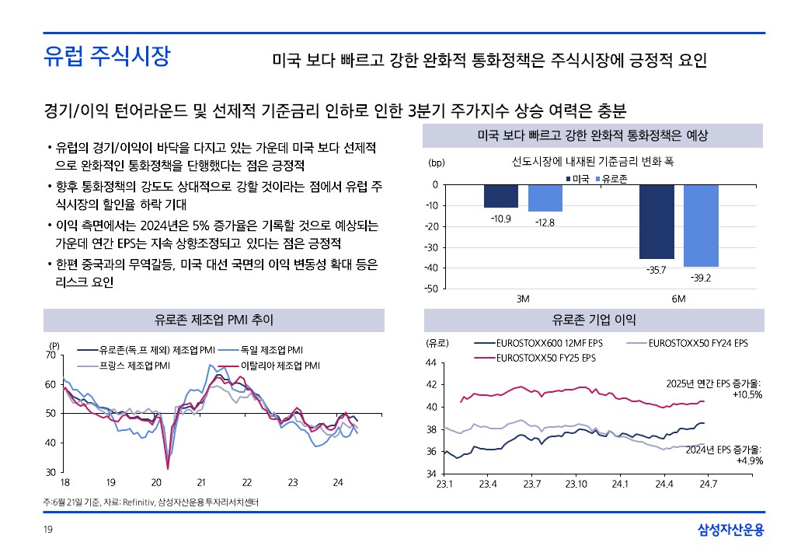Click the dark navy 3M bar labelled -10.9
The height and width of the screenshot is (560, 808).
501,196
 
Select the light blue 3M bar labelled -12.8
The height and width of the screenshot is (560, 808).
545,198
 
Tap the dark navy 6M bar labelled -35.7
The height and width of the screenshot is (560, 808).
656,222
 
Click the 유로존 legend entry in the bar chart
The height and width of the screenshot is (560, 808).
614,179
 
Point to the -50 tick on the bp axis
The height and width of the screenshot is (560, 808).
430,289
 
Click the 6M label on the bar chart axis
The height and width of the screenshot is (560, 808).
678,299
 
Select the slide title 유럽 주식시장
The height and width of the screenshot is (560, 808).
106,57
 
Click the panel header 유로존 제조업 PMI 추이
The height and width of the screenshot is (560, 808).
214,320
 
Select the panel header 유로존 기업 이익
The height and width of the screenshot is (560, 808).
593,320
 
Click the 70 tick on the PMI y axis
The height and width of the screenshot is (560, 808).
50,355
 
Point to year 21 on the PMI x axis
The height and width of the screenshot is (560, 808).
200,483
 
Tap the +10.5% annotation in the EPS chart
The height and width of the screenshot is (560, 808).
747,394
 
